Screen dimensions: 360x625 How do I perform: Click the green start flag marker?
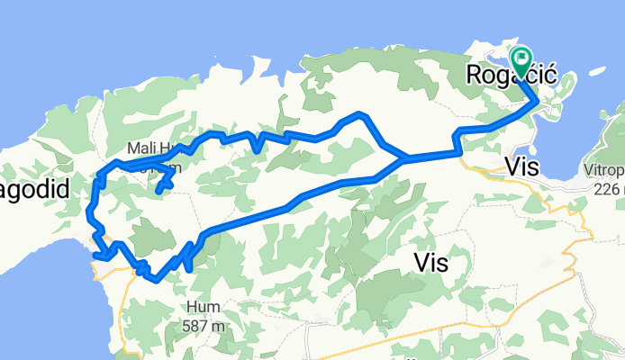tap(521, 59)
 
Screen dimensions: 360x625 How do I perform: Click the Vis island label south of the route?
tap(430, 262)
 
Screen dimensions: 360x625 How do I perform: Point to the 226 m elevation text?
tap(609, 189)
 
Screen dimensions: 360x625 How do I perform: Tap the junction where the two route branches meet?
tap(404, 158)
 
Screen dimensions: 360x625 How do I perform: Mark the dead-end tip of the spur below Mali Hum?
tap(158, 191)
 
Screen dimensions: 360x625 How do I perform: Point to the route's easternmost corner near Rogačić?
tap(539, 101)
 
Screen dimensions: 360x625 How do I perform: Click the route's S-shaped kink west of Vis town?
tap(458, 140)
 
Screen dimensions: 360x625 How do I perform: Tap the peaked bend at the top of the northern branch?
tap(359, 114)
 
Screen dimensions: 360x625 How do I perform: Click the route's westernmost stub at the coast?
tap(95, 255)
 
